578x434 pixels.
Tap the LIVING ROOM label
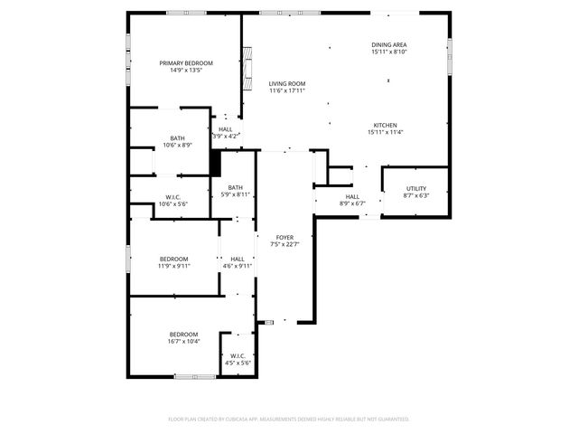pyautogui.click(x=287, y=83)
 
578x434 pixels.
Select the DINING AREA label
pyautogui.click(x=388, y=44)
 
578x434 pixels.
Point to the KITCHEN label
pyautogui.click(x=385, y=125)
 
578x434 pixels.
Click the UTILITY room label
pyautogui.click(x=415, y=188)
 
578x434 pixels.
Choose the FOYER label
pyautogui.click(x=285, y=237)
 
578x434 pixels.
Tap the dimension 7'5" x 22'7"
pyautogui.click(x=285, y=244)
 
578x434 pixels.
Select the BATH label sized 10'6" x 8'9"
pyautogui.click(x=177, y=138)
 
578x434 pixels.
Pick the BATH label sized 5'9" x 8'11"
pyautogui.click(x=235, y=187)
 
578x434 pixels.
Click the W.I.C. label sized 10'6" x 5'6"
pyautogui.click(x=174, y=197)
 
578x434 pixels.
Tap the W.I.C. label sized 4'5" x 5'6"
pyautogui.click(x=237, y=355)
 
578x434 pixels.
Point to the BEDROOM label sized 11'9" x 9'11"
pyautogui.click(x=173, y=259)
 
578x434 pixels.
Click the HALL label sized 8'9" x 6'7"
pyautogui.click(x=351, y=196)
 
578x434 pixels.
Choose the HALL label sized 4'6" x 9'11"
pyautogui.click(x=237, y=259)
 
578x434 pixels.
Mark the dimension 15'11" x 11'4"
pyautogui.click(x=385, y=132)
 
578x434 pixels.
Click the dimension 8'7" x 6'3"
pyautogui.click(x=415, y=195)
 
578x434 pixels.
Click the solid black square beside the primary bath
pyautogui.click(x=215, y=163)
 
